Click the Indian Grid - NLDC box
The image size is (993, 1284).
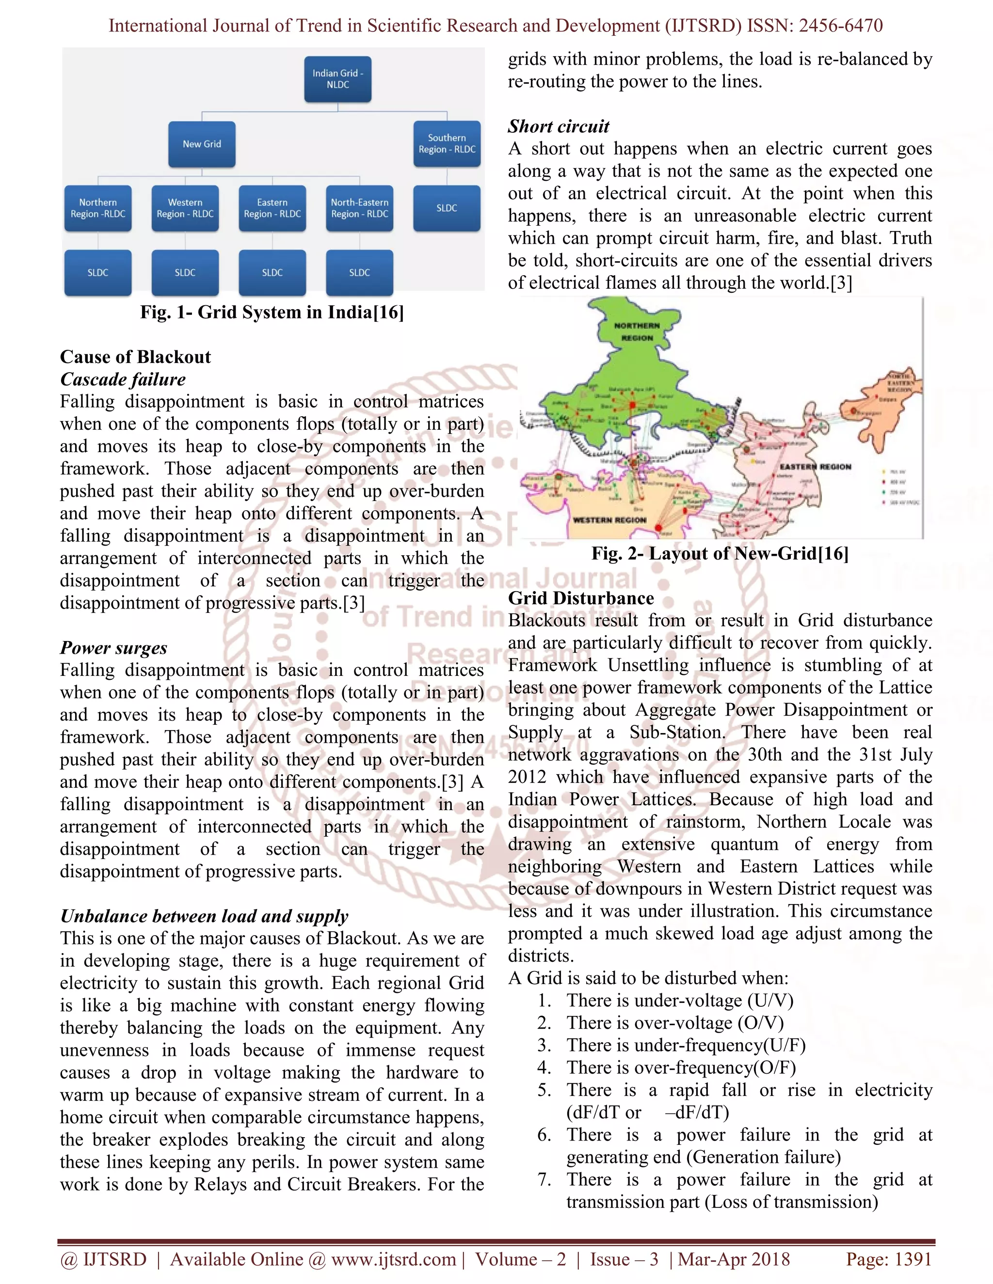click(337, 79)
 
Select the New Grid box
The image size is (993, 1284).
click(202, 144)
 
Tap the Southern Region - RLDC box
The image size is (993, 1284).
click(447, 144)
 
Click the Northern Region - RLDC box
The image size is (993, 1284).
click(97, 208)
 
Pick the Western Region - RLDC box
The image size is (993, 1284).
click(185, 208)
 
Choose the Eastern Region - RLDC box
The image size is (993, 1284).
click(272, 208)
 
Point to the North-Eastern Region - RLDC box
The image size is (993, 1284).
click(359, 208)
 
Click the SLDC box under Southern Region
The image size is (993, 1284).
click(447, 208)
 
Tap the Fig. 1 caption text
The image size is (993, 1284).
click(272, 312)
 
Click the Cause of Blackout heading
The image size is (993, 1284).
click(135, 357)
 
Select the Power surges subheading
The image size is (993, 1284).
click(113, 648)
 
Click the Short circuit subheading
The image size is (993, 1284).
click(558, 126)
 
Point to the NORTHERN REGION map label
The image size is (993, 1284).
click(637, 331)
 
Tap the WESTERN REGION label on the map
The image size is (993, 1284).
click(609, 520)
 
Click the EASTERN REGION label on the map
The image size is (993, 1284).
click(816, 467)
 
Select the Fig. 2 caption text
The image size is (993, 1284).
click(720, 553)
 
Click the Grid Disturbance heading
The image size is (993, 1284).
click(580, 598)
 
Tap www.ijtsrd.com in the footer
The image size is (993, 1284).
click(393, 1259)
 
